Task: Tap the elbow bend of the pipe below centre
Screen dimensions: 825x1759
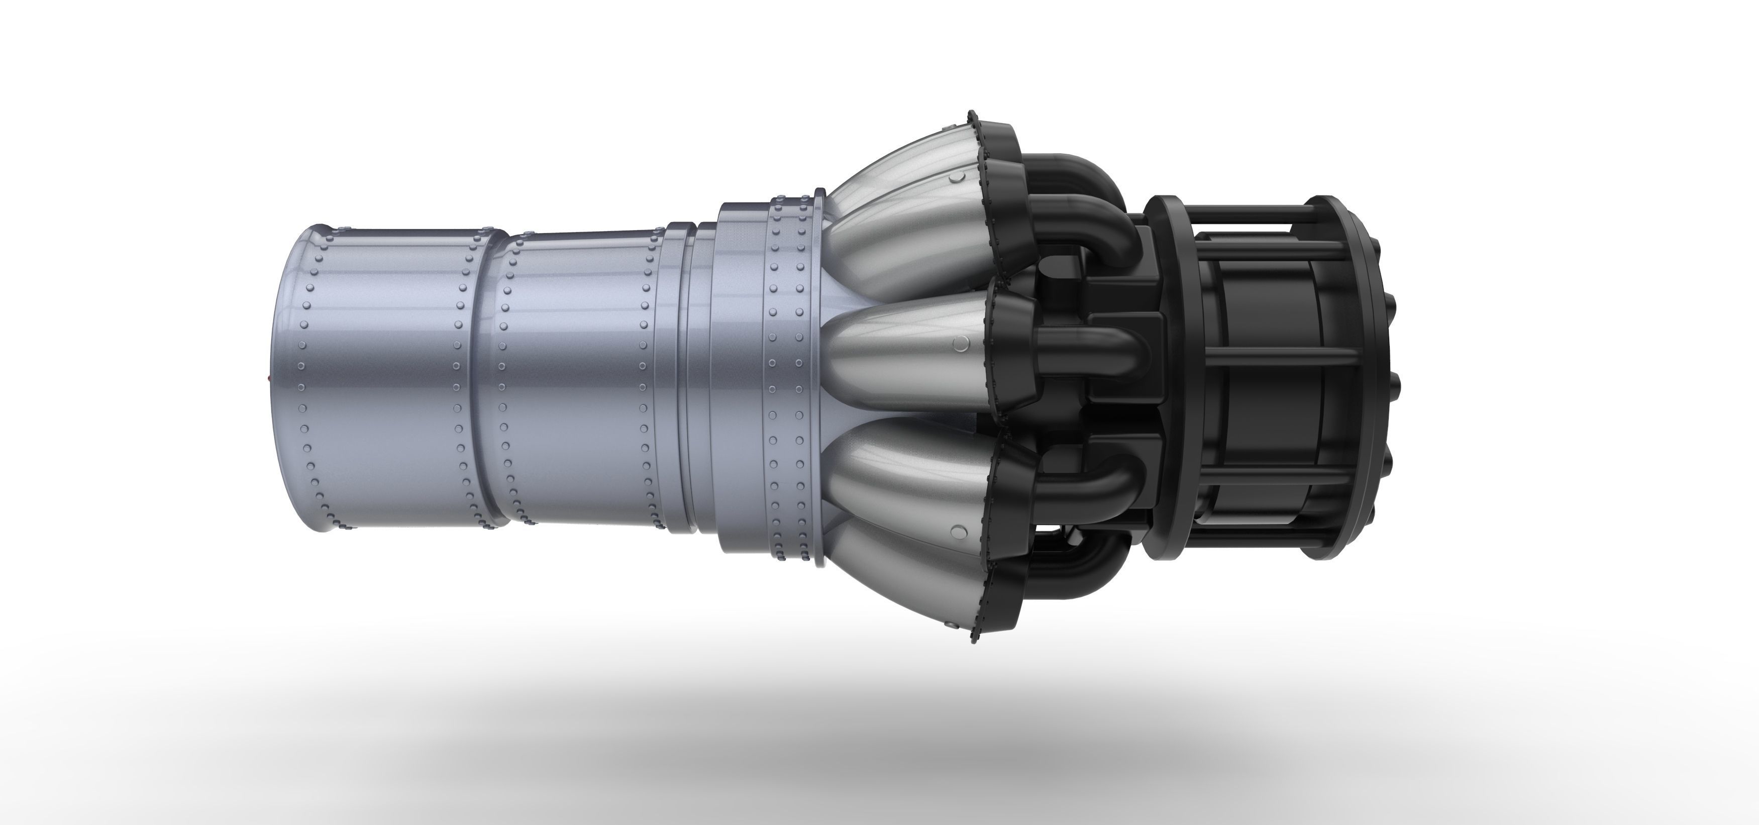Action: click(1120, 481)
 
